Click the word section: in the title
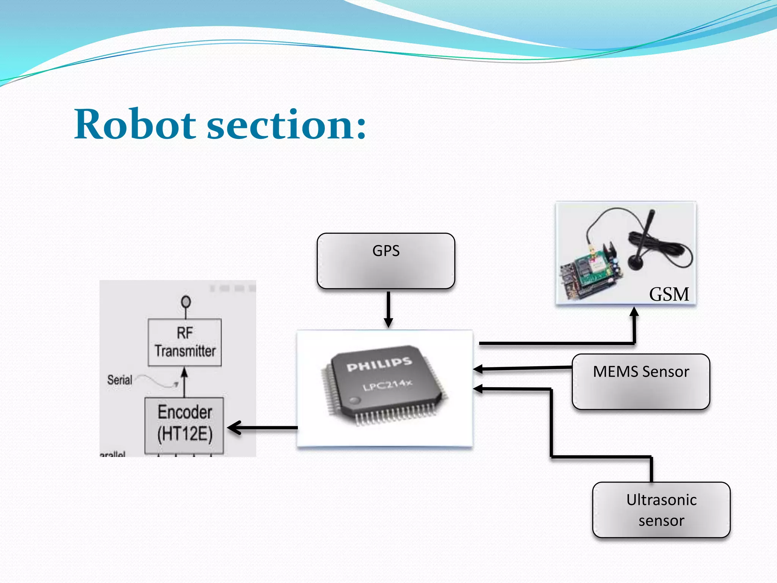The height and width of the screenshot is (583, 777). pyautogui.click(x=286, y=124)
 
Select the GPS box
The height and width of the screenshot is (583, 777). pyautogui.click(x=386, y=261)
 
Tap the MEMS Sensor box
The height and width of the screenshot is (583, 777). pyautogui.click(x=641, y=381)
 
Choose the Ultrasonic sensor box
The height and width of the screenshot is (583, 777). pyautogui.click(x=661, y=510)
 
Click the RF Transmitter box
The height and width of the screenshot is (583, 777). pyautogui.click(x=185, y=342)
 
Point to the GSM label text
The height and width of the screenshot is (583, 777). pyautogui.click(x=669, y=294)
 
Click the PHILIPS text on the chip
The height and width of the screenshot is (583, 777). pyautogui.click(x=379, y=364)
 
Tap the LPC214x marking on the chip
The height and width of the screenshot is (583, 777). pyautogui.click(x=387, y=385)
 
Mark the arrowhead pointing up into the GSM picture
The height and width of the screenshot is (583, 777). pyautogui.click(x=634, y=312)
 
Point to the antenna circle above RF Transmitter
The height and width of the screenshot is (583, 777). pyautogui.click(x=186, y=302)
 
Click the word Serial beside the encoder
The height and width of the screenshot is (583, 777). pyautogui.click(x=120, y=380)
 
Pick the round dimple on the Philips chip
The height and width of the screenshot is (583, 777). pyautogui.click(x=355, y=400)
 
